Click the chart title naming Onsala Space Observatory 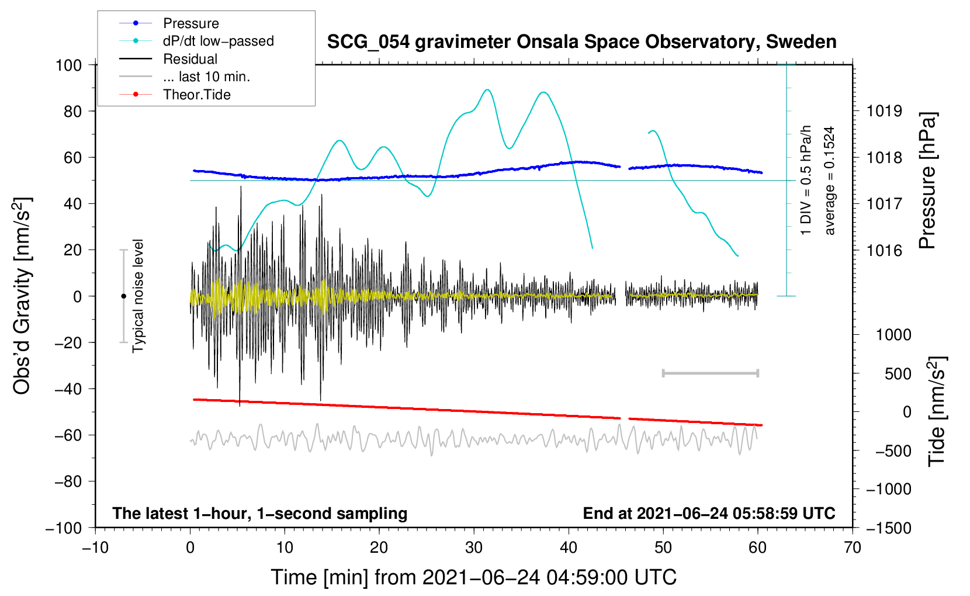(x=581, y=41)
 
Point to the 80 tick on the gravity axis (x=72, y=112)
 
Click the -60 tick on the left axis (x=68, y=435)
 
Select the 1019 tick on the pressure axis (x=884, y=112)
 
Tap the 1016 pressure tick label (x=884, y=250)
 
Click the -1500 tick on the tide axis (x=889, y=528)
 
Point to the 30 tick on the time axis (x=474, y=548)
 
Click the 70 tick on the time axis (x=852, y=548)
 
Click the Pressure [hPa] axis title (x=927, y=181)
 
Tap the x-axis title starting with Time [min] (x=474, y=577)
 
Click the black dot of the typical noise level (x=123, y=296)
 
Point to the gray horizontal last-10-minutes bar (x=710, y=373)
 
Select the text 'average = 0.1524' (x=829, y=181)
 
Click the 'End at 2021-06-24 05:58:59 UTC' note (x=709, y=513)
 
